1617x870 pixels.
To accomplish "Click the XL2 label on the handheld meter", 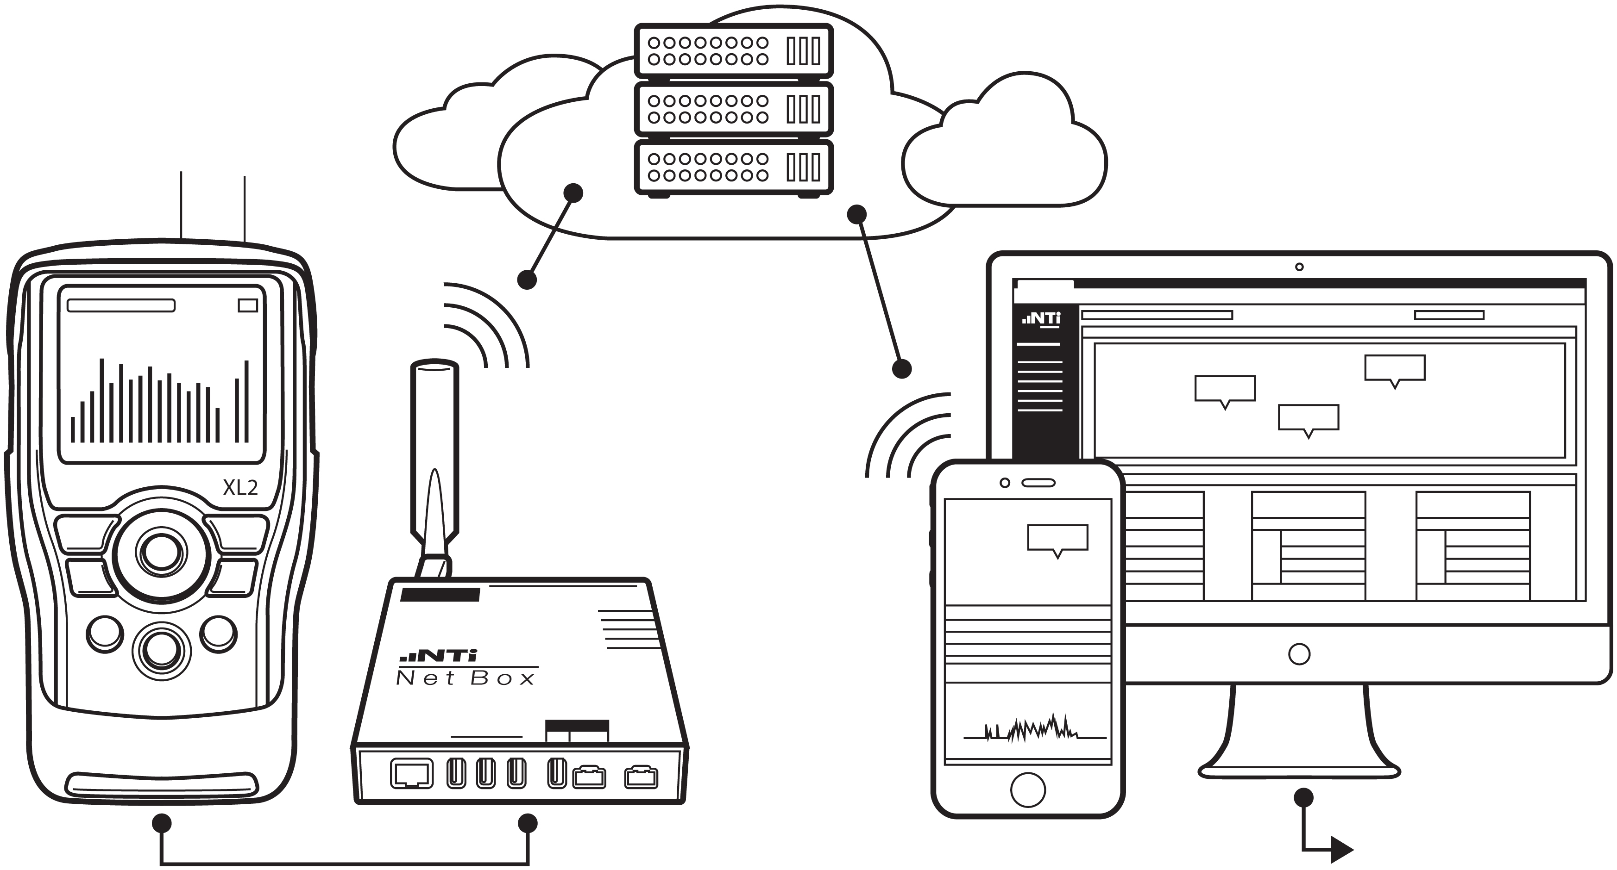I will (x=240, y=487).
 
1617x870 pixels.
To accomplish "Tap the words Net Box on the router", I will (x=465, y=678).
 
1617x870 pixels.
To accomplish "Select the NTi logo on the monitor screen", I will (x=1041, y=319).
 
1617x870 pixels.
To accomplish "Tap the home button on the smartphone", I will (x=1027, y=789).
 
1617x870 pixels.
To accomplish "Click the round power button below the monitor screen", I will (x=1299, y=654).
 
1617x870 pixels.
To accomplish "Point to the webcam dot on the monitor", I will (x=1299, y=267).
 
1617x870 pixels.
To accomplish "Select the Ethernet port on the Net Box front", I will (x=412, y=773).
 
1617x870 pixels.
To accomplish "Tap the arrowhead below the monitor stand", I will (x=1341, y=850).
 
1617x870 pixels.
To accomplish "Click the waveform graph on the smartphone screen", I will (x=1030, y=729).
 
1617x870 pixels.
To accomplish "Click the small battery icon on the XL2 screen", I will (x=248, y=305).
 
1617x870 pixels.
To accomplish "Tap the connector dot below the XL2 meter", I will (x=162, y=823).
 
